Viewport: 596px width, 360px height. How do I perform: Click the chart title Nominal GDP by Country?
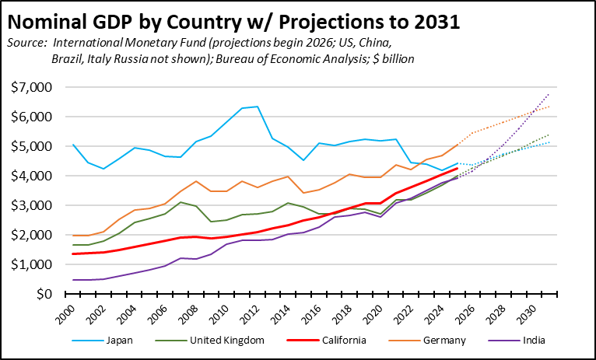point(234,21)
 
